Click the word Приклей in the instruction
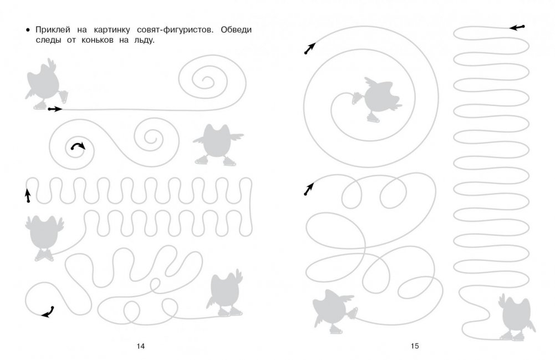coord(53,30)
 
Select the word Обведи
coord(236,30)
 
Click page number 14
coord(140,346)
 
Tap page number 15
coord(415,346)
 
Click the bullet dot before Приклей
coord(28,30)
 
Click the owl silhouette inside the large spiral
coord(378,99)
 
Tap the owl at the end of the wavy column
coord(516,317)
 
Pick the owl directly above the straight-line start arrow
coord(45,84)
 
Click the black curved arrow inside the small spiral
coord(78,145)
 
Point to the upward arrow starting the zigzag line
coord(27,195)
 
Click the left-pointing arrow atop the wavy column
coord(517,27)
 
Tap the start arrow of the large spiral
coord(310,48)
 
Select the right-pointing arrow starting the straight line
coord(55,109)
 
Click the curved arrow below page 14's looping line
coord(48,312)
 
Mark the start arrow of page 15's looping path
coord(309,189)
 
